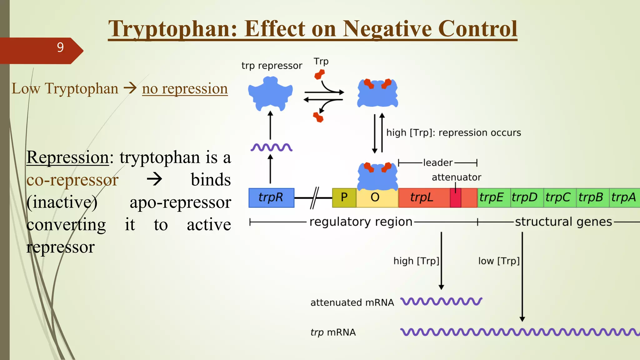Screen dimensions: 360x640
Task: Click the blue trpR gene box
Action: (x=271, y=197)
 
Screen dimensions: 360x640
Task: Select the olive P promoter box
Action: (x=344, y=197)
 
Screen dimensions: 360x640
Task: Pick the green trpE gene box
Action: (x=493, y=197)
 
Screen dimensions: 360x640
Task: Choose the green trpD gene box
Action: (x=527, y=197)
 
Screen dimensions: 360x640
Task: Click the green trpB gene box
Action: (x=592, y=197)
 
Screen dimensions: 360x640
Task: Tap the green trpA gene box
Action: (x=624, y=197)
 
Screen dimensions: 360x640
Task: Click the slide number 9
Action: (x=60, y=47)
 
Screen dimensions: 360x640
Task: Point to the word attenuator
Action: (x=456, y=177)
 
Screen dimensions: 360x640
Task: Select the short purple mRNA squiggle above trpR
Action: (x=271, y=147)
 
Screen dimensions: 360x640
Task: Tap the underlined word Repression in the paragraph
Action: (x=67, y=157)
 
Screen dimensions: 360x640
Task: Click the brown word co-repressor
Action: (x=72, y=180)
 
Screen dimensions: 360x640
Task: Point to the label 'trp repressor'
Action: (x=272, y=66)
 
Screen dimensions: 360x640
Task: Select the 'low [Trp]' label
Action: (x=498, y=261)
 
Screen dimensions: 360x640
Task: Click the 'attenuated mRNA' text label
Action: (x=352, y=302)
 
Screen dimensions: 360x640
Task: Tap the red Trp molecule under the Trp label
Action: (x=319, y=75)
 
